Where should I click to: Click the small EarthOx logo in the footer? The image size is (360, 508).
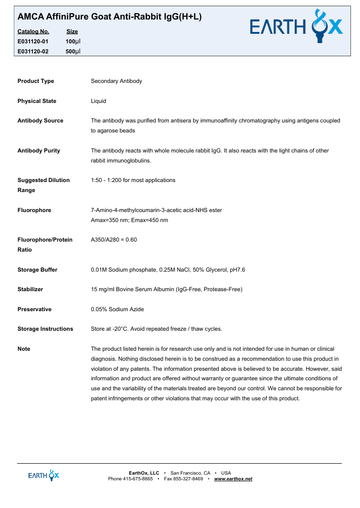click(x=43, y=475)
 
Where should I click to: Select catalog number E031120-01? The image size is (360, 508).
click(x=33, y=41)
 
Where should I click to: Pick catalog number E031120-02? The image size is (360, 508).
click(x=33, y=51)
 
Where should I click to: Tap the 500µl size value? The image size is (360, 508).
click(x=73, y=51)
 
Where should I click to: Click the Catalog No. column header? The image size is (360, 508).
click(x=33, y=31)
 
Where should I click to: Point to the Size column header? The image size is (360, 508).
click(x=72, y=31)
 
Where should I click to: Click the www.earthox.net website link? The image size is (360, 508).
click(x=233, y=478)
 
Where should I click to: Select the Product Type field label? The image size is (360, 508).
click(x=36, y=81)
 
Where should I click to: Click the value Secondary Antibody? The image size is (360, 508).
click(x=116, y=81)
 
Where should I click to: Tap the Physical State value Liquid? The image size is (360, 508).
click(x=98, y=101)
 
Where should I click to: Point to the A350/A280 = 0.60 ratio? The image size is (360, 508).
click(x=113, y=240)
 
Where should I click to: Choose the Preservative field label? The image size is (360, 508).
click(x=34, y=309)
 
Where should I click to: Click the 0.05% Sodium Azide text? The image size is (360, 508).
click(x=117, y=309)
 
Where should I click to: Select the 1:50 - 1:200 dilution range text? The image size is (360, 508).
click(x=133, y=180)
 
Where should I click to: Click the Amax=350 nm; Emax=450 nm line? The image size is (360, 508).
click(x=129, y=220)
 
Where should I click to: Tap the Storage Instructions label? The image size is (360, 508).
click(x=45, y=329)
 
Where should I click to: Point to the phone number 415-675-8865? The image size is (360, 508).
click(x=138, y=478)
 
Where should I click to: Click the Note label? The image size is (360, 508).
click(x=24, y=349)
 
